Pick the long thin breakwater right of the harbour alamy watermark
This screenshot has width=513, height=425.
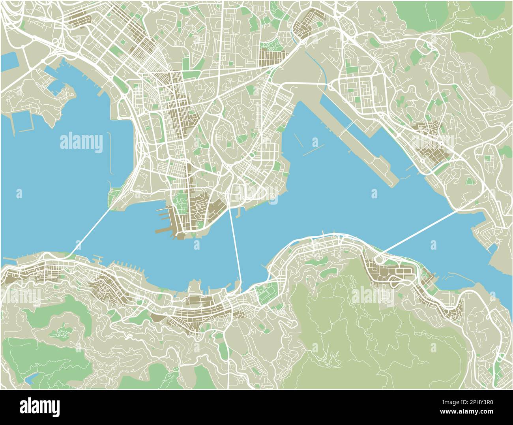coord(109,154)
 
